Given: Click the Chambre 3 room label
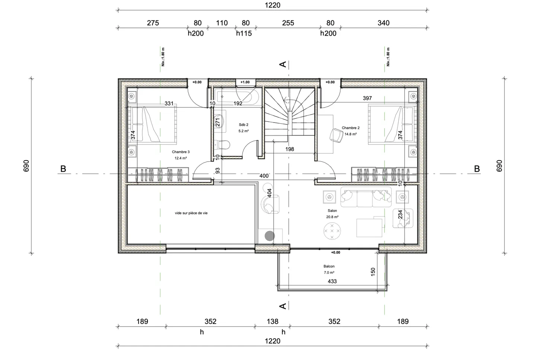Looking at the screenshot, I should point(181,152).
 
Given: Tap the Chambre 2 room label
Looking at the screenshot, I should point(350,128).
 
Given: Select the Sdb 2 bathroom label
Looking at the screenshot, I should point(243,125).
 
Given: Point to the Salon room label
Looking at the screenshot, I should point(332,211).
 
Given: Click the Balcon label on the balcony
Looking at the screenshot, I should point(329,267).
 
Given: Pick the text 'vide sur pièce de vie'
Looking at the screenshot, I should point(191,213).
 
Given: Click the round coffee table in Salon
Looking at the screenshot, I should point(332,231).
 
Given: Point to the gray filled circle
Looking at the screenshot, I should point(269,236).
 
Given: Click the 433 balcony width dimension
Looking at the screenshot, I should point(332,281).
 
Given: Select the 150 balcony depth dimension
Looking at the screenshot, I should point(373,272).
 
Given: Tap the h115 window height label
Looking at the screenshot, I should point(244,34).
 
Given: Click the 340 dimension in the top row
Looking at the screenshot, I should point(383,23).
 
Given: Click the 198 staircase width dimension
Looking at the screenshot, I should point(290,149).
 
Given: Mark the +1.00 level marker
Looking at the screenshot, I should point(245,82).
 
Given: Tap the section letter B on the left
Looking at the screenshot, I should point(63,169).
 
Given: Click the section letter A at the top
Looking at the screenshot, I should point(283,64).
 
